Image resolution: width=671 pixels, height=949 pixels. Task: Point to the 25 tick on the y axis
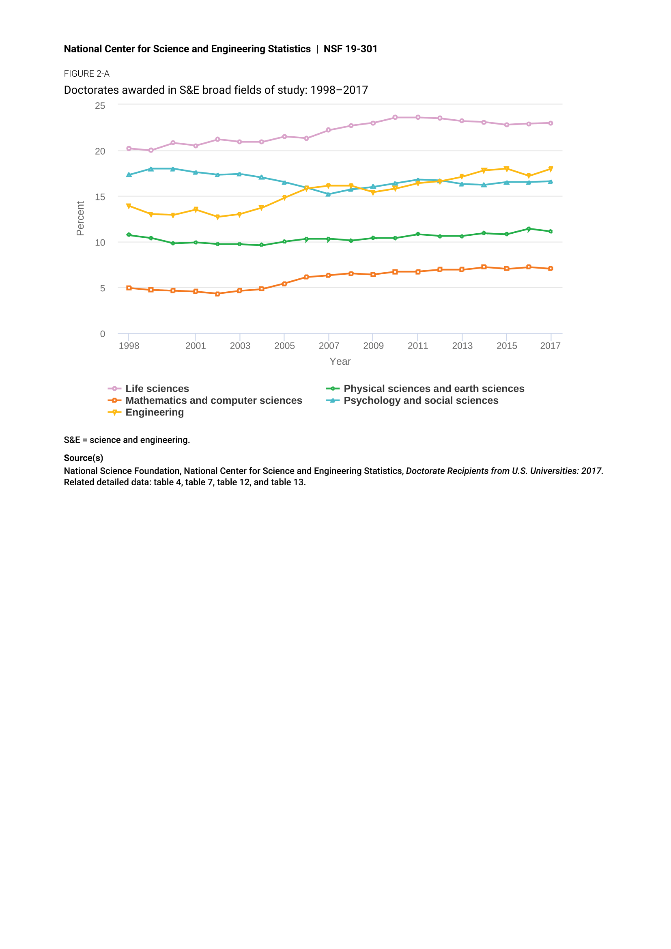(100, 106)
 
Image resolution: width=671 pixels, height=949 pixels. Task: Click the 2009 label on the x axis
(373, 346)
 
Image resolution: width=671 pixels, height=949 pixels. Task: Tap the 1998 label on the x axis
(129, 346)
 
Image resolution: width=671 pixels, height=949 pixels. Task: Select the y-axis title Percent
(80, 219)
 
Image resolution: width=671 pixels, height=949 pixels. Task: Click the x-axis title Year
(340, 362)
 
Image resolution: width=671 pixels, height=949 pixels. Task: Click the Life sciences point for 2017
(551, 123)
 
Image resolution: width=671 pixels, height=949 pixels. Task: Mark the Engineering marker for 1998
(129, 206)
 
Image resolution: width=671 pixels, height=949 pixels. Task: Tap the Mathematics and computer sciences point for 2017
(551, 269)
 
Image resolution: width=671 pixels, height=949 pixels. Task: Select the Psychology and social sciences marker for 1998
(129, 175)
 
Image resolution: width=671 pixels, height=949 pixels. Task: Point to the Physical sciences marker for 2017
(551, 231)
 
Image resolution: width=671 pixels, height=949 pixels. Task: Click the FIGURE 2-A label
(87, 73)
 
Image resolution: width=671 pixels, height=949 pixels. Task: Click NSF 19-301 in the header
(351, 49)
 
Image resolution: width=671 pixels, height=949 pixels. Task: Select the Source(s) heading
(84, 458)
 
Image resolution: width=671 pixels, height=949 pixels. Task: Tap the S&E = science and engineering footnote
(127, 440)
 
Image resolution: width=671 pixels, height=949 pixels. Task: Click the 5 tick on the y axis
(103, 288)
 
